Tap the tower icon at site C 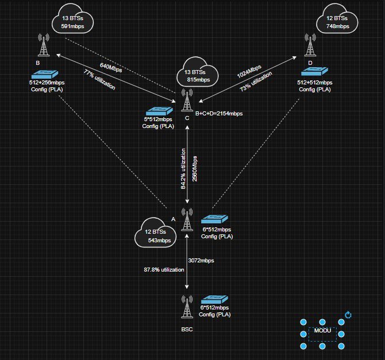pyautogui.click(x=186, y=101)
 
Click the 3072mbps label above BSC pyautogui.click(x=201, y=260)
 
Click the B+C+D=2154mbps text pyautogui.click(x=219, y=114)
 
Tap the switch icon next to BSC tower pyautogui.click(x=214, y=301)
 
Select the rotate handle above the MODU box pyautogui.click(x=348, y=315)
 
